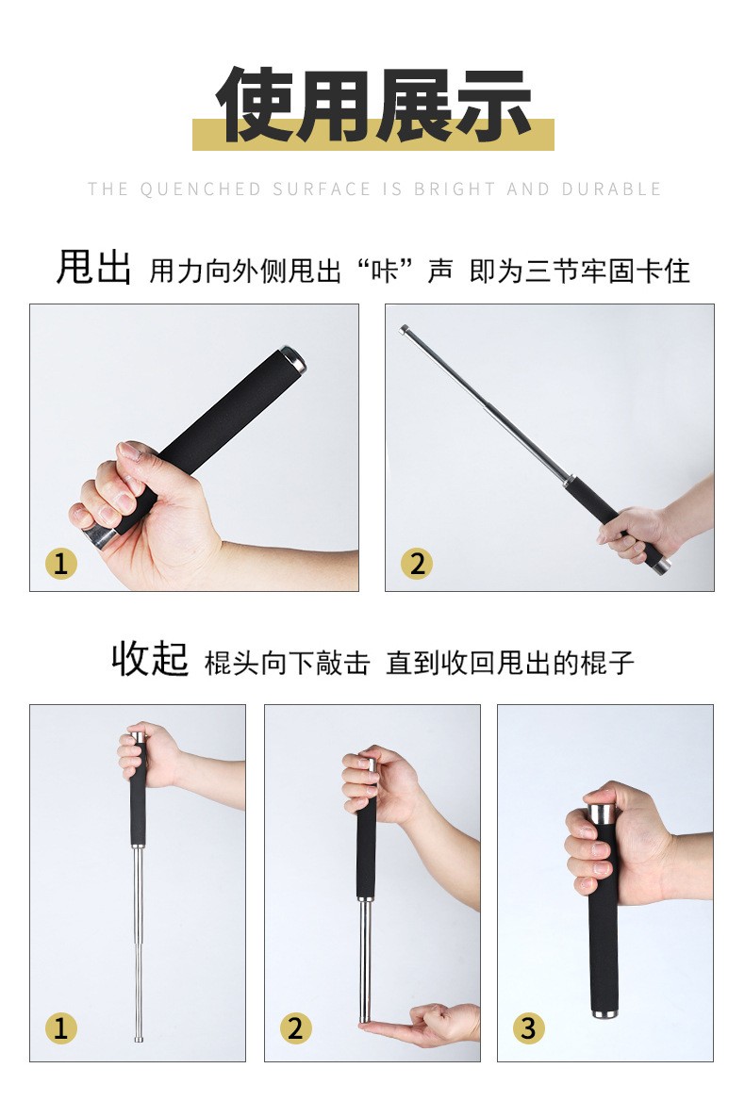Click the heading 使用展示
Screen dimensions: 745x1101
(373, 106)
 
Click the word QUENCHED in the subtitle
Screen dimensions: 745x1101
(200, 189)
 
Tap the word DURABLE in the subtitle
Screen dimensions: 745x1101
(611, 189)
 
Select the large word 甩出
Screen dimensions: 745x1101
(93, 268)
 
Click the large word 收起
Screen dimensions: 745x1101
(150, 659)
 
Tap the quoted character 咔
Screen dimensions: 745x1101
(384, 271)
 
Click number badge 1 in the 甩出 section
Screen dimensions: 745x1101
(61, 563)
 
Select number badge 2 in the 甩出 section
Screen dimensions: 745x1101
(417, 563)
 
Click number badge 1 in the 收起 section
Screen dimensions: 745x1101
(61, 1028)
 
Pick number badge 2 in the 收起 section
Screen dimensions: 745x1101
(295, 1028)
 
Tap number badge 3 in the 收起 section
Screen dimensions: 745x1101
(529, 1028)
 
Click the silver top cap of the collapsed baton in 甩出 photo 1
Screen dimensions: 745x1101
(293, 359)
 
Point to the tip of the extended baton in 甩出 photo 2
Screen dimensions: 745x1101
(404, 329)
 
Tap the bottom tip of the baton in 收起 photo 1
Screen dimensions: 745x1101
(139, 1039)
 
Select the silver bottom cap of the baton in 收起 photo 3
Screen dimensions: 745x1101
(604, 1011)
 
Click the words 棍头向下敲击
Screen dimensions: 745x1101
(288, 663)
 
